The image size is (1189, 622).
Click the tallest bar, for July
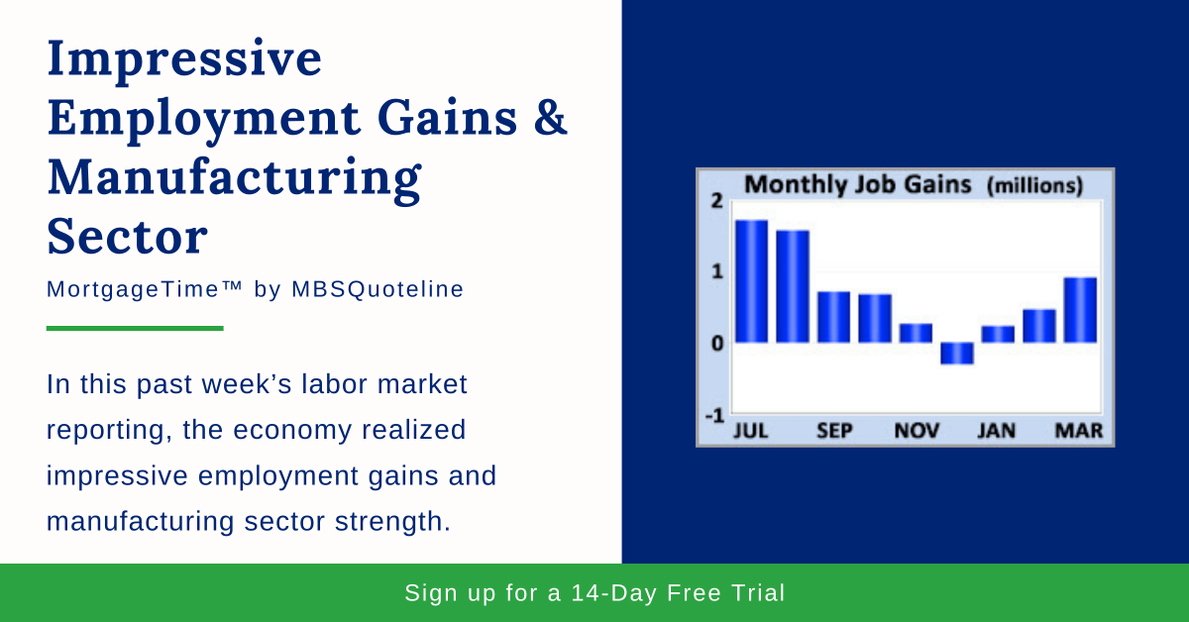[751, 281]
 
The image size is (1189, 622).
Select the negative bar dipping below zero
[957, 354]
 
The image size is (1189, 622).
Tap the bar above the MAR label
[1080, 310]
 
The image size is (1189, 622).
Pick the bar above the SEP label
[833, 317]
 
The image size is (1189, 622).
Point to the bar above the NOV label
[916, 333]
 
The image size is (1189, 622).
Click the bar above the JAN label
[998, 335]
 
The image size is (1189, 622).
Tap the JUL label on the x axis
[751, 432]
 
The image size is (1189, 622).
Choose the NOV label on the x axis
[917, 432]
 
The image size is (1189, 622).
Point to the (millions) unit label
[1034, 185]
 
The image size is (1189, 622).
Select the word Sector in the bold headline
[128, 238]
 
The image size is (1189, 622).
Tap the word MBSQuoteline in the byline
[378, 289]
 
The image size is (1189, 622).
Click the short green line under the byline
[135, 328]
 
